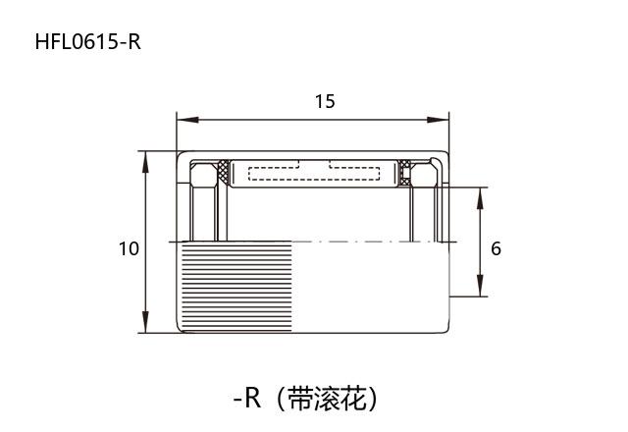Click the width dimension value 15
(x=325, y=101)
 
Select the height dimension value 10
(x=129, y=248)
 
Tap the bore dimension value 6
(x=496, y=248)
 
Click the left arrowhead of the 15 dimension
(x=183, y=120)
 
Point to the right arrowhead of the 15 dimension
(x=444, y=120)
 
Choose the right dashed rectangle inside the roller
(x=353, y=174)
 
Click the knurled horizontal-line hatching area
(x=235, y=287)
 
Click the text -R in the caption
(x=246, y=399)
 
